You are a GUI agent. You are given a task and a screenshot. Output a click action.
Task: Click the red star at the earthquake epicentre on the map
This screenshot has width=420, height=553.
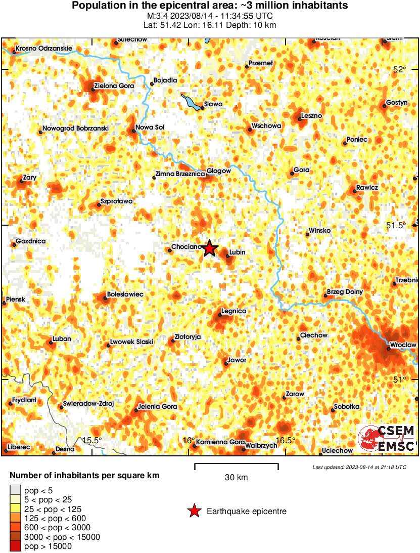tap(210, 248)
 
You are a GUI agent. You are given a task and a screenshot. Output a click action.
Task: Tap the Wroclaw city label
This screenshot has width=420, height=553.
tap(403, 345)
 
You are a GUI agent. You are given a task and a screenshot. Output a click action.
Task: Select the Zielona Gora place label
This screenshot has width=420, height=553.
tap(116, 86)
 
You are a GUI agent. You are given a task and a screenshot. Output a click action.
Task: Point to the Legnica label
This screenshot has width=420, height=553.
tap(234, 311)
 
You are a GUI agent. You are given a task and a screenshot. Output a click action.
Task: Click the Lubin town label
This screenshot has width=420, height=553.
tap(238, 252)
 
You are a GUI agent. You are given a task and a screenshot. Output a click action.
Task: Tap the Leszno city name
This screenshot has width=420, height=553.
tap(311, 116)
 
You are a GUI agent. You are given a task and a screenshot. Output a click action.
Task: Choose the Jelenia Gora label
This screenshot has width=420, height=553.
tap(158, 406)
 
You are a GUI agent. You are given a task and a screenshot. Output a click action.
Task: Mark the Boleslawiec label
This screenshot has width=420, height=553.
tap(125, 294)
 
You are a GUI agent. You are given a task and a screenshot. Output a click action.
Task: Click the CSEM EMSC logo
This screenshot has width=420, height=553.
tap(387, 439)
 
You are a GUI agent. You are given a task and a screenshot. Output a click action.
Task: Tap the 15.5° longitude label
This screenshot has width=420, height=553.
tap(92, 440)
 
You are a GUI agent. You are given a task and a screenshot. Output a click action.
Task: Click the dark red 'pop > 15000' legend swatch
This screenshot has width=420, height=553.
tap(16, 546)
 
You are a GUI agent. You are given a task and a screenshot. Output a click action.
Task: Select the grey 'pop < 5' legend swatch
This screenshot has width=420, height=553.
tap(16, 490)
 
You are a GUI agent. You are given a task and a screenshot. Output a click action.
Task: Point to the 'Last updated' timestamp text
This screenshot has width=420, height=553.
tap(359, 467)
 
